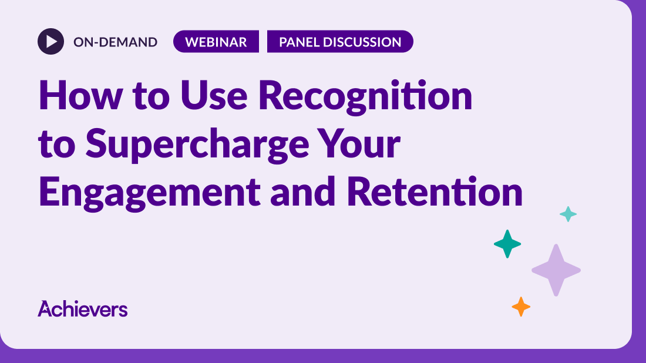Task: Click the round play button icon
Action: [51, 41]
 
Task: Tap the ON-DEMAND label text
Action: [115, 42]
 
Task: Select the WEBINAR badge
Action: [216, 41]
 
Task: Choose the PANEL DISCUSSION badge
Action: [340, 41]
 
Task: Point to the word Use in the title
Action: [214, 95]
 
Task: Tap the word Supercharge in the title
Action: [197, 144]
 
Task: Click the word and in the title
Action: [303, 191]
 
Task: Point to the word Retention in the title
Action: [435, 191]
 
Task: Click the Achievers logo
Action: [82, 308]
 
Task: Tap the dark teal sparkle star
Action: [507, 244]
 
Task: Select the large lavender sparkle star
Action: [556, 270]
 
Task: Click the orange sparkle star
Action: [521, 307]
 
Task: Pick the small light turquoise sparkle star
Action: [568, 214]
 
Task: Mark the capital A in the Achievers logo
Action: [45, 308]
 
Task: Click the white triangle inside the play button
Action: [52, 41]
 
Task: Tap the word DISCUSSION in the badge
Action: [362, 42]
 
